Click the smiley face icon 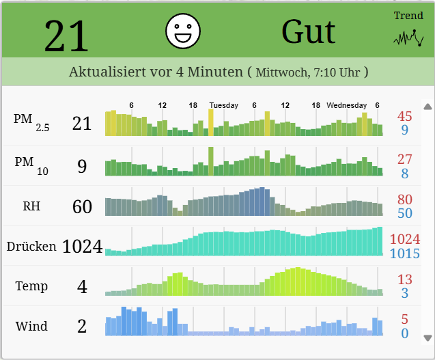coord(183,31)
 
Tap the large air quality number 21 coord(67,36)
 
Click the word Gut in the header coord(309,31)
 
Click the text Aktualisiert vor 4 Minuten coord(156,72)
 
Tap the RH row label coord(31,206)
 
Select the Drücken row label coord(31,246)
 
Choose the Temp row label coord(31,286)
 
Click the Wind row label coord(31,326)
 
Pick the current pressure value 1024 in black coord(83,246)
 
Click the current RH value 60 coord(82,206)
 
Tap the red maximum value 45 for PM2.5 coord(405,117)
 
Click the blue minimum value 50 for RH coord(405,213)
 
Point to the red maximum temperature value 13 coord(405,279)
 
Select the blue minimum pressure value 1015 coord(405,253)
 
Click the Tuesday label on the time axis coord(224,105)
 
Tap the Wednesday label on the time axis coord(347,105)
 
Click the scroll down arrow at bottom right coord(428,337)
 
